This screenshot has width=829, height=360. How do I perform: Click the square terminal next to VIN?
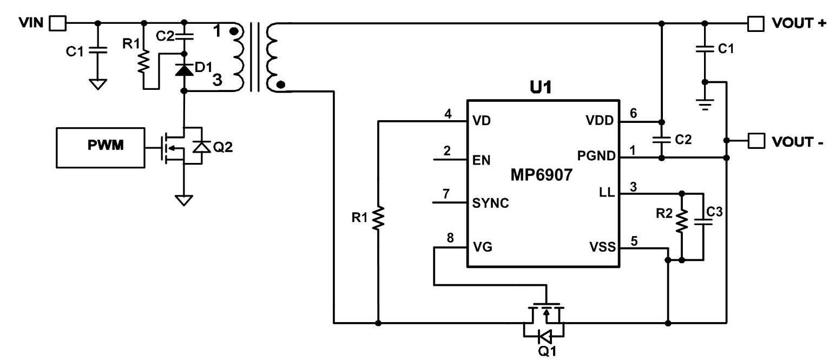(58, 23)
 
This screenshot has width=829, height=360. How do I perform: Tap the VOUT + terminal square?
(756, 24)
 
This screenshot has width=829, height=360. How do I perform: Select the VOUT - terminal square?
(756, 141)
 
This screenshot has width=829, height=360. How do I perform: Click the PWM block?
(101, 148)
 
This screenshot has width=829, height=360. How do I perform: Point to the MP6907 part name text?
(541, 175)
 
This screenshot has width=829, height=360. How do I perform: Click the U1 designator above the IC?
(541, 88)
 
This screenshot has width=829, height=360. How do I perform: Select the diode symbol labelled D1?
(184, 69)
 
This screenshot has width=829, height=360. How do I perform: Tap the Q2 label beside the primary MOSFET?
(223, 147)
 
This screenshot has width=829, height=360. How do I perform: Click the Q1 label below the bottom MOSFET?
(547, 351)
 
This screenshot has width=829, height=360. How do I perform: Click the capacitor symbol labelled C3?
(703, 222)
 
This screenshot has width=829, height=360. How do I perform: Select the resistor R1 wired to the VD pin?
(378, 219)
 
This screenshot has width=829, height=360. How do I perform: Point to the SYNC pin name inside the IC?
(490, 203)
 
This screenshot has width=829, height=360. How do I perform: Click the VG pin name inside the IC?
(483, 247)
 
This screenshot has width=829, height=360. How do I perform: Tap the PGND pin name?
(596, 156)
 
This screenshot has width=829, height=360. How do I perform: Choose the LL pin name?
(607, 193)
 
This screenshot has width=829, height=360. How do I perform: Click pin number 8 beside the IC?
(450, 238)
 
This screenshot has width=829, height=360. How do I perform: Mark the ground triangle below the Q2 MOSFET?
(184, 200)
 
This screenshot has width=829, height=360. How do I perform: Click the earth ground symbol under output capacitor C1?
(705, 105)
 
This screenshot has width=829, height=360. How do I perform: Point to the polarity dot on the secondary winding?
(281, 85)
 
